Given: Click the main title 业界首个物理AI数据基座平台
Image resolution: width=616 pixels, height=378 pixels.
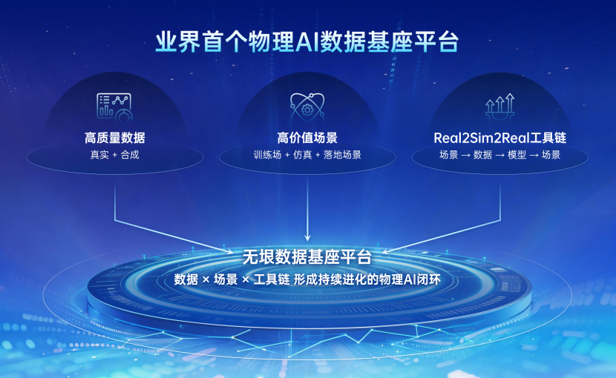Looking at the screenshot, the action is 307,42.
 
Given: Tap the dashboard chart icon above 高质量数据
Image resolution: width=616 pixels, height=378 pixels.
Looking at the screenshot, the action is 114,107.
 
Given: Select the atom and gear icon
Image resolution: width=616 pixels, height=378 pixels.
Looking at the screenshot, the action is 307,107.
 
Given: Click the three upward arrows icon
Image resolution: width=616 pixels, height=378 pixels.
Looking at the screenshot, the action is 499,107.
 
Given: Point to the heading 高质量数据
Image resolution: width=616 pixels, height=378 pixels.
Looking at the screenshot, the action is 115,138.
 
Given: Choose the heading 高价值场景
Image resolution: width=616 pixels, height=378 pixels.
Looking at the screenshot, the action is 307,138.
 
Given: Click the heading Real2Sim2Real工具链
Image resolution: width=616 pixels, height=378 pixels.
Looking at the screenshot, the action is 499,138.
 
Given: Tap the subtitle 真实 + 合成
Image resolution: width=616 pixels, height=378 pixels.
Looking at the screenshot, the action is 115,155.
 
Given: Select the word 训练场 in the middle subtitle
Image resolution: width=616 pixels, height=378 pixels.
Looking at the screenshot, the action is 267,155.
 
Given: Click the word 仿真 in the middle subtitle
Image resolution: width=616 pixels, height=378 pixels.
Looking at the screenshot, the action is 303,155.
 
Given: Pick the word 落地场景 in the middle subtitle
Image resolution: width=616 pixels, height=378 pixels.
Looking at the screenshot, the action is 342,155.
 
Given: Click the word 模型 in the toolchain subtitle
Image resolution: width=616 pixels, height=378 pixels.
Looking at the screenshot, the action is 517,155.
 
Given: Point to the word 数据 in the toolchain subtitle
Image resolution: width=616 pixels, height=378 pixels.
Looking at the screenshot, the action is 482,155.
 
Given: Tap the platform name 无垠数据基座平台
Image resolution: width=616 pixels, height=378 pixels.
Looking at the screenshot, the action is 307,257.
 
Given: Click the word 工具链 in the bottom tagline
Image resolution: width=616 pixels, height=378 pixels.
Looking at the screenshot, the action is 272,279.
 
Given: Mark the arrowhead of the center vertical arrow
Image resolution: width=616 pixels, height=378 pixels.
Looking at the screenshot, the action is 307,238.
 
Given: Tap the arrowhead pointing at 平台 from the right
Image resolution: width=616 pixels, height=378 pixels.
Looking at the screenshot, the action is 386,251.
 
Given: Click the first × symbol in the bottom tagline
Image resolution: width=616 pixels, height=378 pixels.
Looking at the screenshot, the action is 206,280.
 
